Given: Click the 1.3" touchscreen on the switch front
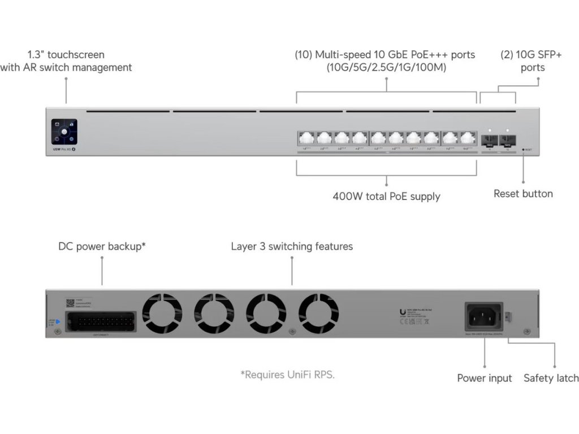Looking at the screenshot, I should tap(64, 131).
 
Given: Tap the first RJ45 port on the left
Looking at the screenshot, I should tap(306, 138).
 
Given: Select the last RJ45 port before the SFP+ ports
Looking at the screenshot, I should tap(467, 138).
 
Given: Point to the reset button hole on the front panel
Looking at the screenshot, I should tap(523, 150).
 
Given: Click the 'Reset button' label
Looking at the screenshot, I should tap(523, 194).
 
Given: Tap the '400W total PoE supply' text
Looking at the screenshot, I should tap(386, 197).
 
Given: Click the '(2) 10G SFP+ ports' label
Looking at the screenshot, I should tap(522, 61).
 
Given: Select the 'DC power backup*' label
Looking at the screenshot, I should tap(102, 247).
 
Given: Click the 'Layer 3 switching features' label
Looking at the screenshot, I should tap(292, 247).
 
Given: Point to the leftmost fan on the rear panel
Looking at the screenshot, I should tap(162, 314).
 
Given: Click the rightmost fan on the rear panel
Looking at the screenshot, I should tap(319, 314).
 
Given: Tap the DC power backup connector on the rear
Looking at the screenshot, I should tap(100, 322).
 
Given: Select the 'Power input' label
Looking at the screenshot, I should tap(484, 379).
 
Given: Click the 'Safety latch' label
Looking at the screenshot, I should tap(551, 379).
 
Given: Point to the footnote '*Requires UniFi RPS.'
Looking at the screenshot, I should tap(287, 375).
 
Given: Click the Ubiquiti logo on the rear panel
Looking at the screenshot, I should tap(402, 312).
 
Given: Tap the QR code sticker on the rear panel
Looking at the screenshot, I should tap(70, 303).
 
